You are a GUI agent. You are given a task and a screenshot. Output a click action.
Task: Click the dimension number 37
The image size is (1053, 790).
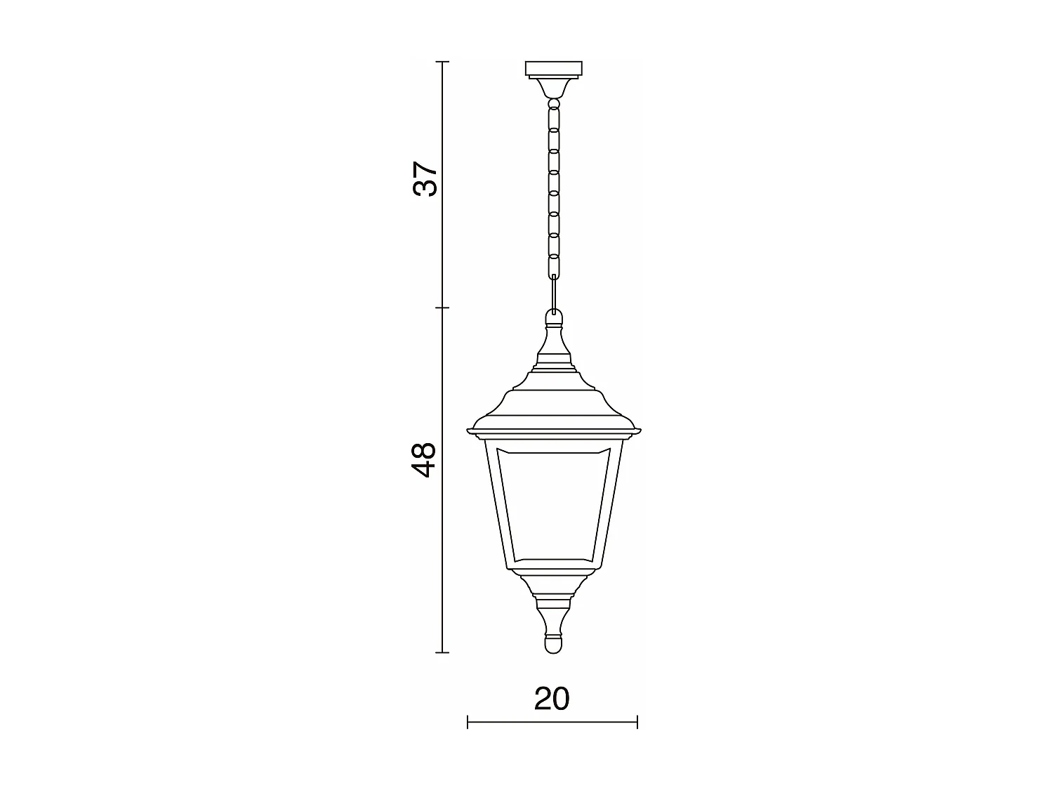click(425, 179)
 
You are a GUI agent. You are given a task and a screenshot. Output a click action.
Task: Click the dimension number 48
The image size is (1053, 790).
click(425, 460)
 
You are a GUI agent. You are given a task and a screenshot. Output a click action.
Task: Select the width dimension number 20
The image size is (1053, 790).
click(552, 699)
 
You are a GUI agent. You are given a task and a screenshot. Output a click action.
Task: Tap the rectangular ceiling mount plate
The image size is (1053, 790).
click(554, 69)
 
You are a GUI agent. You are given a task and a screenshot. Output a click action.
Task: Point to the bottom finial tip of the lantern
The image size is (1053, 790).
click(554, 645)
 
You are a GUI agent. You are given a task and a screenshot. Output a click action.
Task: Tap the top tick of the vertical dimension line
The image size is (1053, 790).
click(442, 62)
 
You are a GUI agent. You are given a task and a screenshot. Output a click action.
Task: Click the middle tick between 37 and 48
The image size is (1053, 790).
click(442, 308)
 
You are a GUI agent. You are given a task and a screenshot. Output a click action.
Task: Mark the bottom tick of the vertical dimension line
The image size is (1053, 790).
click(442, 652)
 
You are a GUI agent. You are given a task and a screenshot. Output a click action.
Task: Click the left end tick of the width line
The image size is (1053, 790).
click(468, 721)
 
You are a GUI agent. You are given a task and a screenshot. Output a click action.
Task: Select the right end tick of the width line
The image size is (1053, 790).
click(637, 721)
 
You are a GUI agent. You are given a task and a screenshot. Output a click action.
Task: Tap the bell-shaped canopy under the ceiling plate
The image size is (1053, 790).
click(554, 88)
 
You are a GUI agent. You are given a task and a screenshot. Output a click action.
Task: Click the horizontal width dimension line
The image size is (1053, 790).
click(552, 721)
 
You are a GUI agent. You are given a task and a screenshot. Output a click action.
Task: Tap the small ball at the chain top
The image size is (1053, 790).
click(554, 105)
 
